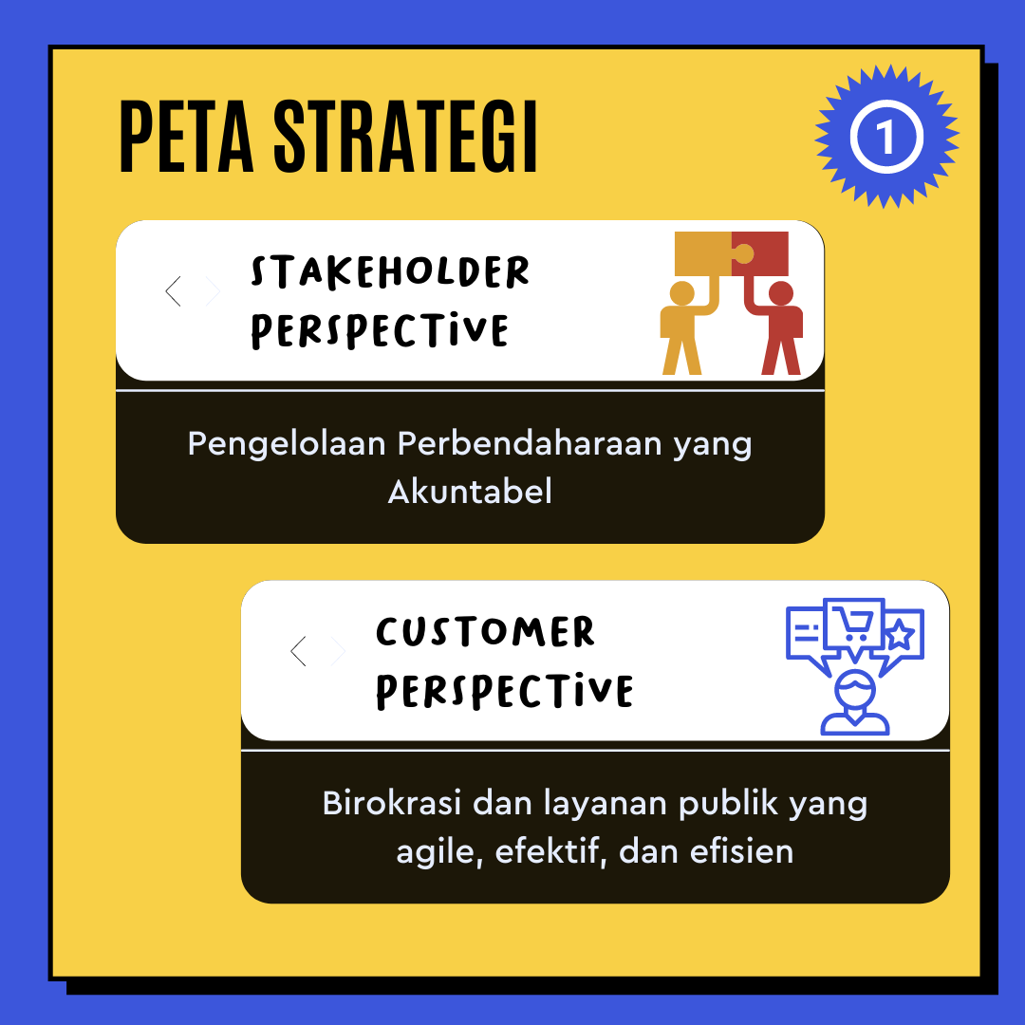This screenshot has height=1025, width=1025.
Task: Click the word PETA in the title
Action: [186, 137]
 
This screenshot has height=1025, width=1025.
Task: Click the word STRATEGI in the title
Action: [406, 137]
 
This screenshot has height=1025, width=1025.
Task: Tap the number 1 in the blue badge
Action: [885, 138]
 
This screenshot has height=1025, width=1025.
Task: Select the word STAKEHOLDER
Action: [390, 271]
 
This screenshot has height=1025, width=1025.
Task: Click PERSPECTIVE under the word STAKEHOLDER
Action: [380, 330]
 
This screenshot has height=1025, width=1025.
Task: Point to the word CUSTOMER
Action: [485, 631]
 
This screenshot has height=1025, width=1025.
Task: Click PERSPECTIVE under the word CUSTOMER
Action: [505, 691]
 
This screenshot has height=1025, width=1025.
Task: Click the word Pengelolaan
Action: [287, 445]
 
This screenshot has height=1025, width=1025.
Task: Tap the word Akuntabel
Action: [470, 492]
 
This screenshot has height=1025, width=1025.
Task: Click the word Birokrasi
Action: [392, 803]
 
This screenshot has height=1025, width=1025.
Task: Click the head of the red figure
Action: [780, 293]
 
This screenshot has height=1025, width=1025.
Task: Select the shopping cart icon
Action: [852, 624]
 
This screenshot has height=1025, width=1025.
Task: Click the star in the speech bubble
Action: [900, 634]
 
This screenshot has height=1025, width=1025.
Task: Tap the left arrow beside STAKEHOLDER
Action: [174, 291]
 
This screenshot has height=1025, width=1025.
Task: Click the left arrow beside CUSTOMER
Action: [298, 651]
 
